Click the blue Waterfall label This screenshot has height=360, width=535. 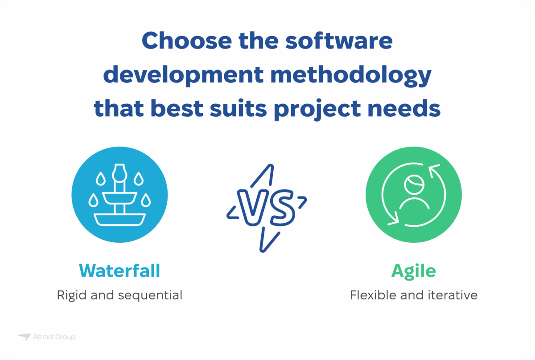click(119, 271)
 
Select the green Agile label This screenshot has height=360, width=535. click(413, 271)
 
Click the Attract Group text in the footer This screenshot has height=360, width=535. click(53, 337)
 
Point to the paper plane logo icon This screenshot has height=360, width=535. click(24, 337)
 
